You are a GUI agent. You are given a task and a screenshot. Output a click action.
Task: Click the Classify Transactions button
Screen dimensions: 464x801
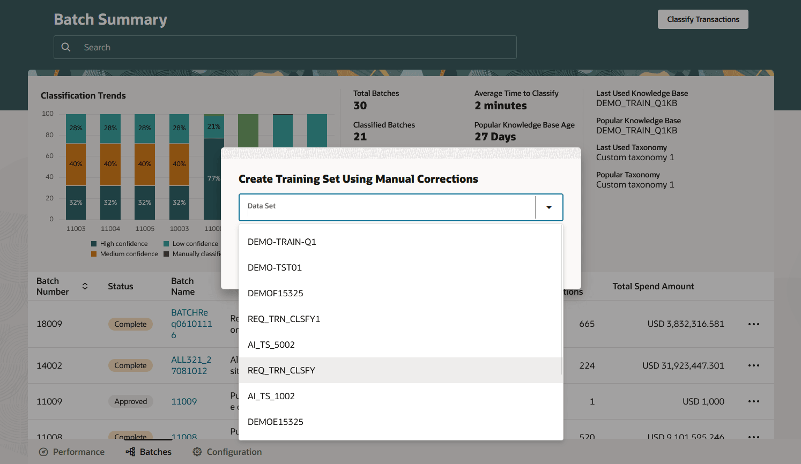click(x=703, y=19)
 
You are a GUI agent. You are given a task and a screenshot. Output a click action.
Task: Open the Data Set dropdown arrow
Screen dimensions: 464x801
click(x=548, y=207)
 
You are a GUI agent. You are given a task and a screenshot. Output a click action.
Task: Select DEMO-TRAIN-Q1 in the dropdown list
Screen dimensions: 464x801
click(x=282, y=242)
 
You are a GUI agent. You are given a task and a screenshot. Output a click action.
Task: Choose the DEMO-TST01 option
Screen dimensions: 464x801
click(x=275, y=267)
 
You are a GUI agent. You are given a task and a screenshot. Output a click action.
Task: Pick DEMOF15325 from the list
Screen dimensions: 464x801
click(x=276, y=293)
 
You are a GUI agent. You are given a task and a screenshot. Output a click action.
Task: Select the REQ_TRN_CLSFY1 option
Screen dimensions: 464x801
click(x=284, y=319)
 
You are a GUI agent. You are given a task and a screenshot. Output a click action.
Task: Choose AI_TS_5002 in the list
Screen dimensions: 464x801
click(x=271, y=345)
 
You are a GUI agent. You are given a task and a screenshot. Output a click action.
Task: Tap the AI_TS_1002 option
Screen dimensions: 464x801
click(x=271, y=396)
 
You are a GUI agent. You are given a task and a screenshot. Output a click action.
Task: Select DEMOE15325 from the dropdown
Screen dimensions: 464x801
click(x=276, y=422)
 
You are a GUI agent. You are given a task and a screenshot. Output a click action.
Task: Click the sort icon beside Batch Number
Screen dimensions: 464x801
click(x=85, y=286)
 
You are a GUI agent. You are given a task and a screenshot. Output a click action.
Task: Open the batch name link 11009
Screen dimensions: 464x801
click(x=184, y=401)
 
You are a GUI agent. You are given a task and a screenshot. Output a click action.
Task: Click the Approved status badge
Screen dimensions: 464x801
click(x=130, y=401)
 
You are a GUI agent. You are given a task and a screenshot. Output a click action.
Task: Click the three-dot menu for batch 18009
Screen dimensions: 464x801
click(x=753, y=324)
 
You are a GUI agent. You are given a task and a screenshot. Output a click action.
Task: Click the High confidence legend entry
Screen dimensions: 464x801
click(x=123, y=244)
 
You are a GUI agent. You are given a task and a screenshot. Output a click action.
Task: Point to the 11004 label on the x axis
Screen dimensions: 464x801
click(x=110, y=229)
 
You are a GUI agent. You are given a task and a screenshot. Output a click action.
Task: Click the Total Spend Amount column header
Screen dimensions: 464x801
click(x=653, y=286)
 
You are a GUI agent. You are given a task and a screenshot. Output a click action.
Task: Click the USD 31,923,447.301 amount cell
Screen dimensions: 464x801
click(x=683, y=365)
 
